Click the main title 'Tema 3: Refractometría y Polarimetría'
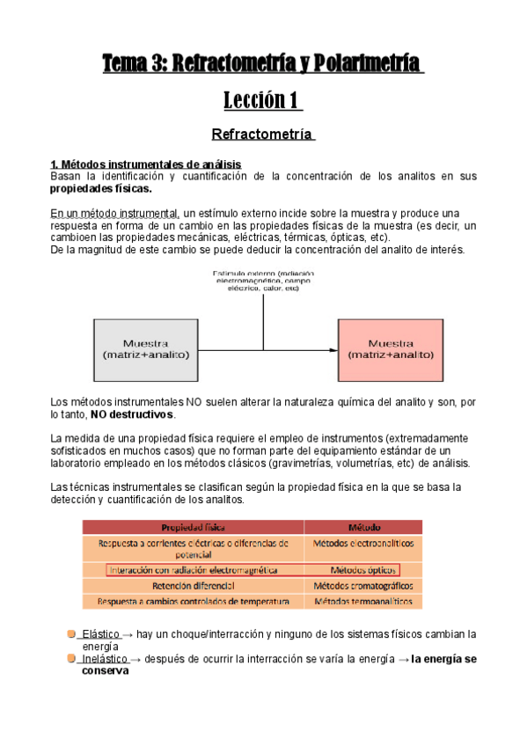(263, 64)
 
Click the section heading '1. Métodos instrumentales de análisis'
(145, 165)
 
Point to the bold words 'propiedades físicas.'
(100, 188)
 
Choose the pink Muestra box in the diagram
(389, 349)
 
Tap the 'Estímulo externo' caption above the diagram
(263, 287)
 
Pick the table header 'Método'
(363, 527)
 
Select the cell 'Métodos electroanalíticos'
(362, 544)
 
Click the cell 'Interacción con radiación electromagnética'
(193, 570)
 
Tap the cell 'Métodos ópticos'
(362, 570)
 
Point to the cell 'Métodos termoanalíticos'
(362, 601)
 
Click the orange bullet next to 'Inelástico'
(70, 658)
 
